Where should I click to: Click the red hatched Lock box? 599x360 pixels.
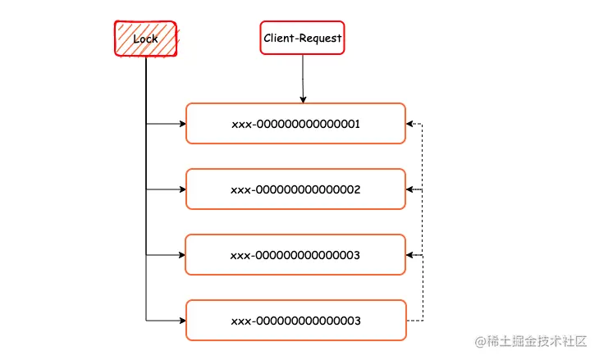coord(145,38)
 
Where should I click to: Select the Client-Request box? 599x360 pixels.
coord(302,38)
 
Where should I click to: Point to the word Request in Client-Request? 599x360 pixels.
coord(319,38)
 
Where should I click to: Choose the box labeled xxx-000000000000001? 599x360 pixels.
coord(295,124)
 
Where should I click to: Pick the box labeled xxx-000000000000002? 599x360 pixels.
coord(295,189)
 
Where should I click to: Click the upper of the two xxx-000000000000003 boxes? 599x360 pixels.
coord(295,255)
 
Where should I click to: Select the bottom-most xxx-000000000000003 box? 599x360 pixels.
coord(295,321)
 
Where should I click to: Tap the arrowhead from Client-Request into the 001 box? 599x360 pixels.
coord(303,99)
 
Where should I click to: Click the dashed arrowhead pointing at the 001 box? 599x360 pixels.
coord(410,125)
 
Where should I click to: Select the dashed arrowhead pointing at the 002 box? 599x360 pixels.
coord(410,189)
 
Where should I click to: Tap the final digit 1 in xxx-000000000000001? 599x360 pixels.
coord(358,124)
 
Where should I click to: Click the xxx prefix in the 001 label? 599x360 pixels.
coord(240,124)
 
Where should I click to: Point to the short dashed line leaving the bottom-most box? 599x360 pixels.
coord(414,320)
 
